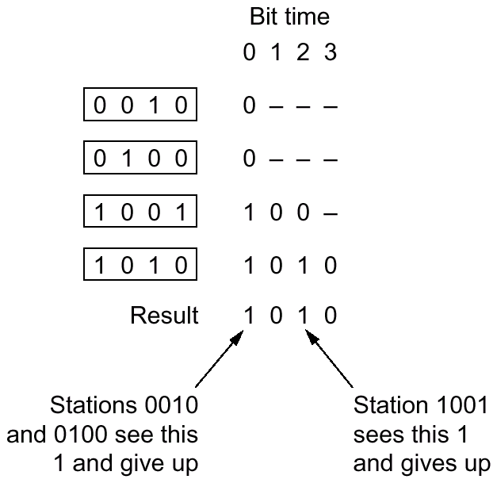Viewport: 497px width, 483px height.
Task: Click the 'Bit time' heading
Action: tap(289, 16)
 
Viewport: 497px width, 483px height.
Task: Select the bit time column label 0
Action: tap(250, 55)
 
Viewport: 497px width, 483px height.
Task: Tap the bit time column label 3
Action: tap(331, 55)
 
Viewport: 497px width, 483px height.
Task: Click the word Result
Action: tap(164, 316)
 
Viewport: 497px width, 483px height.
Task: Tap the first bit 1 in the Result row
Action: tap(250, 316)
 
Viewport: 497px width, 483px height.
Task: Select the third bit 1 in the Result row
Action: tap(304, 316)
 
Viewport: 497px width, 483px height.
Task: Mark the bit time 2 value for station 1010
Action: tap(304, 266)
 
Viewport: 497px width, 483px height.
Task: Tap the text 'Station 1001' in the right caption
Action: tap(420, 406)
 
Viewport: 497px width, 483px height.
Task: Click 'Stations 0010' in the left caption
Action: tap(124, 406)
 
